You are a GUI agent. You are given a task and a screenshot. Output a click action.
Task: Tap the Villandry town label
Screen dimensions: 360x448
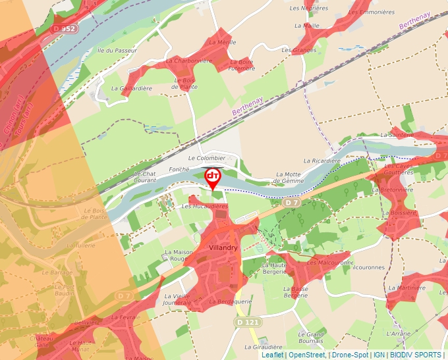point(222,247)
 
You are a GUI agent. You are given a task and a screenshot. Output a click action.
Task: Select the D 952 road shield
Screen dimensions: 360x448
point(66,29)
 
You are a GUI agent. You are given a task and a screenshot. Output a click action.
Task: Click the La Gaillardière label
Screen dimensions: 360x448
point(132,88)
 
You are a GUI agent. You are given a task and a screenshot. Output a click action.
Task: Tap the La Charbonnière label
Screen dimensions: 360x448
point(189,61)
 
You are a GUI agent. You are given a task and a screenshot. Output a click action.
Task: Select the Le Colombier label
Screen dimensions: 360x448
point(206,158)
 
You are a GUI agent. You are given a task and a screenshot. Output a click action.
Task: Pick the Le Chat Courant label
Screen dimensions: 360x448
point(145,176)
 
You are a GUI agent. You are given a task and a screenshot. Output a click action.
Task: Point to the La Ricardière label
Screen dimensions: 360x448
point(322,161)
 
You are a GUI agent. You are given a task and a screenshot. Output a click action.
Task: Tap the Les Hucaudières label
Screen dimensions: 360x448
point(204,206)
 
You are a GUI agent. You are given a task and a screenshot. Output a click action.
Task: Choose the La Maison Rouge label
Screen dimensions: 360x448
point(177,255)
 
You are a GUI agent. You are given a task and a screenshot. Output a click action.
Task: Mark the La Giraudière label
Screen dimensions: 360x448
point(264,347)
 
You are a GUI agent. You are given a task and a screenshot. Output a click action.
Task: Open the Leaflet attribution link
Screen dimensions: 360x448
point(272,355)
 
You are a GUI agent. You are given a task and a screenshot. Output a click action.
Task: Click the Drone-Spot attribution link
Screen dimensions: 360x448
point(349,355)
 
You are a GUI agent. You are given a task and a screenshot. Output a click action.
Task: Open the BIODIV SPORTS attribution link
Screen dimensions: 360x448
point(415,355)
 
